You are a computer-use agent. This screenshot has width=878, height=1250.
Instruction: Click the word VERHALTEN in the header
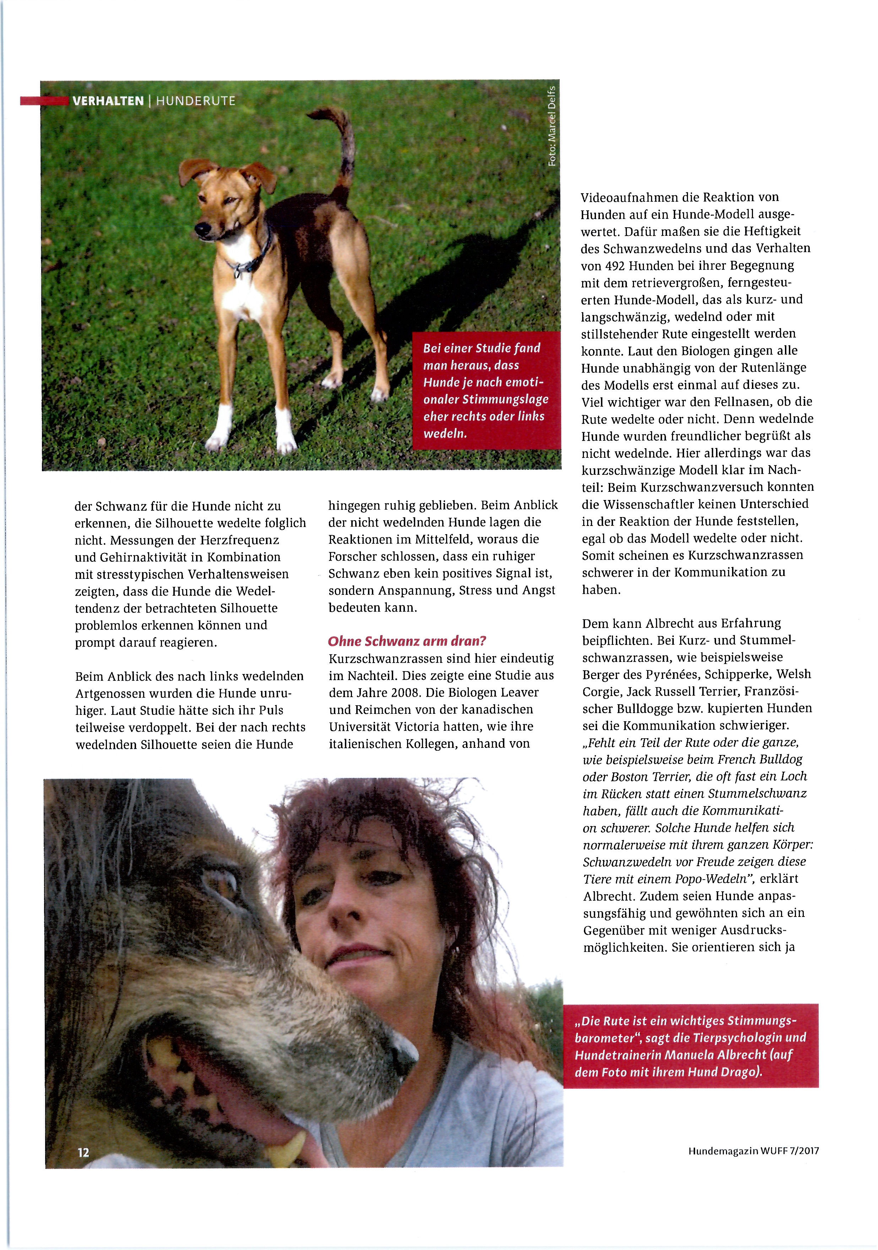click(108, 101)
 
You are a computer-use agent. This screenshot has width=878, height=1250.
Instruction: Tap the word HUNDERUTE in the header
click(196, 101)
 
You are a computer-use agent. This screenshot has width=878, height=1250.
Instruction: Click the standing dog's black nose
click(202, 229)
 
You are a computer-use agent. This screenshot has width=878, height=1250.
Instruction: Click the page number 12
click(83, 1152)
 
